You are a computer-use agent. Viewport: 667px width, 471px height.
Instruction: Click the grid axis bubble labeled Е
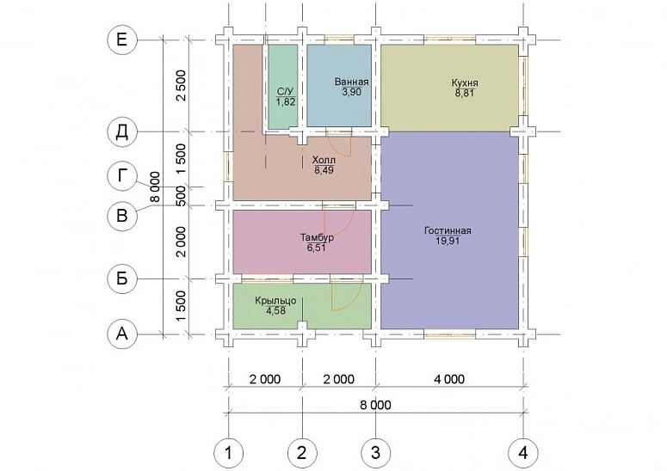point(122,40)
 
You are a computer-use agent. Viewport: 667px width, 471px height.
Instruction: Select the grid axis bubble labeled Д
point(122,132)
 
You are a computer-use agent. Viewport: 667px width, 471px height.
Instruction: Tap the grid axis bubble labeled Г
point(122,175)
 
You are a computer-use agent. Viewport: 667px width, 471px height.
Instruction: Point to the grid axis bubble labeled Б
point(122,278)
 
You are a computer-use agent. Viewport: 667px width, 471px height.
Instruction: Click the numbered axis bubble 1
point(228,453)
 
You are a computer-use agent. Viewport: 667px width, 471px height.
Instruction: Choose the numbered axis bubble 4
point(523,453)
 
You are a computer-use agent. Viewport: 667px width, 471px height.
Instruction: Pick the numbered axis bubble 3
point(375,453)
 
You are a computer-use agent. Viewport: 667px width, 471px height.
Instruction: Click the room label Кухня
point(465,83)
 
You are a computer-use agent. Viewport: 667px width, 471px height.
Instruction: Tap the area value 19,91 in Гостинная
point(448,242)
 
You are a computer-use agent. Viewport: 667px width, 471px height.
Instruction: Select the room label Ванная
point(351,82)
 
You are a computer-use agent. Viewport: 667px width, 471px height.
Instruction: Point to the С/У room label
point(286,92)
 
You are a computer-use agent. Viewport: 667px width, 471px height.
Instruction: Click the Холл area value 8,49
point(324,170)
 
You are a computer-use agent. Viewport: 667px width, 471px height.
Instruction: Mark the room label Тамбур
point(317,237)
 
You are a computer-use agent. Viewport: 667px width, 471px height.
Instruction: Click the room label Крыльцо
point(275,301)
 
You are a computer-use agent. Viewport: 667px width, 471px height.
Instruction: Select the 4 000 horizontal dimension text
point(449,379)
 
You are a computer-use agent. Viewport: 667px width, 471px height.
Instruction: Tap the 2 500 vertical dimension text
point(182,85)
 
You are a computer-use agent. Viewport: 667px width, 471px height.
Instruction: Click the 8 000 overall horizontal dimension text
point(375,405)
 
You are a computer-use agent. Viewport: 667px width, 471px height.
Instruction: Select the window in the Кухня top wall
point(449,40)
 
